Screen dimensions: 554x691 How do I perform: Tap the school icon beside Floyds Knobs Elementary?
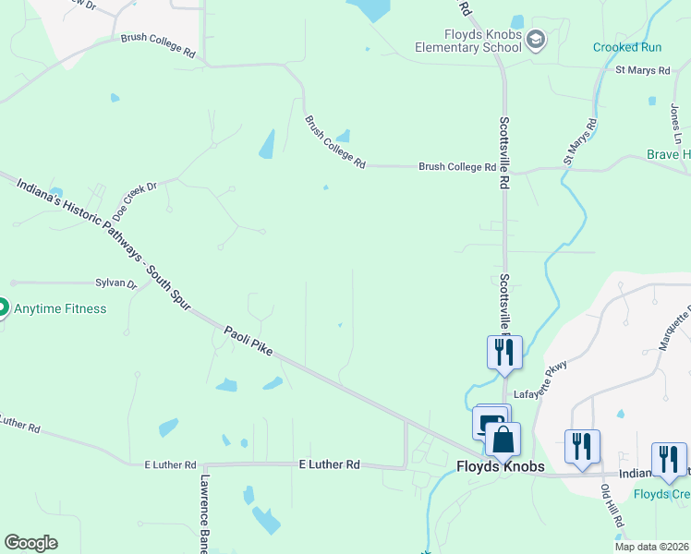tap(537, 39)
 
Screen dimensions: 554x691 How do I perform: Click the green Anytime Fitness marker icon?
tap(1, 306)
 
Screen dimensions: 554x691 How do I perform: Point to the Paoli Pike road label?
tap(251, 343)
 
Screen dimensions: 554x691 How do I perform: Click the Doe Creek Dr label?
tap(135, 200)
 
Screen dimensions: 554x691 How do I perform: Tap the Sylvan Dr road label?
tap(115, 284)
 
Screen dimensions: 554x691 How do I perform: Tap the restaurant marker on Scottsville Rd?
tap(504, 352)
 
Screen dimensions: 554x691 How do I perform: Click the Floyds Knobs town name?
tap(500, 467)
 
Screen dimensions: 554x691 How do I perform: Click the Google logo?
tap(30, 543)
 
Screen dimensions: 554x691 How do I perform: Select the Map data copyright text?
tap(652, 547)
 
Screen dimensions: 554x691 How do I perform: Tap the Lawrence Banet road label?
tap(205, 513)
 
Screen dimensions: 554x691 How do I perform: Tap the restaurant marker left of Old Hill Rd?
tap(582, 446)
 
